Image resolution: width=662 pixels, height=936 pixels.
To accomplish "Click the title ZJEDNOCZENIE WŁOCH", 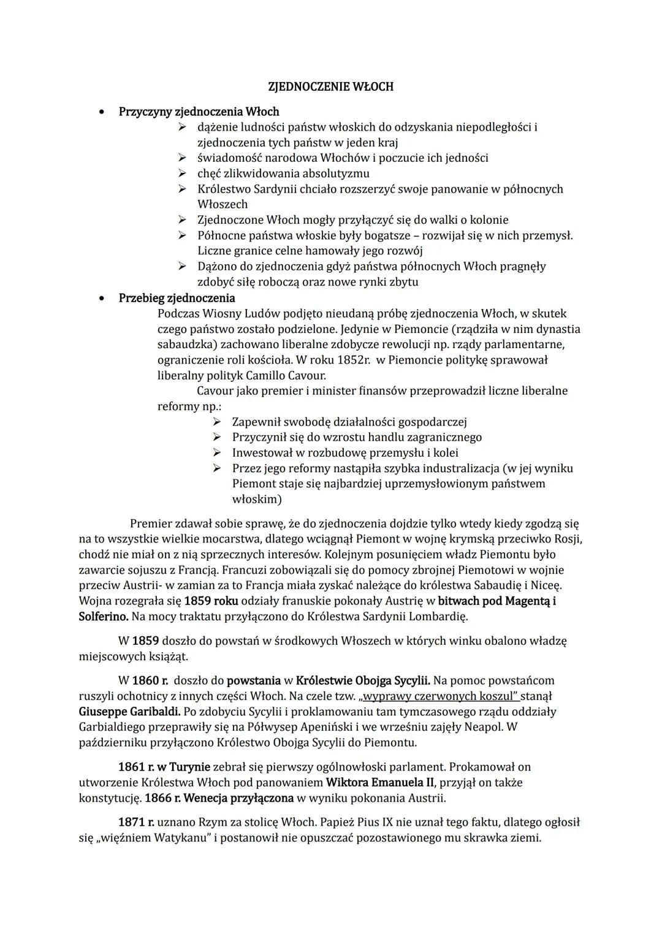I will point(331,86).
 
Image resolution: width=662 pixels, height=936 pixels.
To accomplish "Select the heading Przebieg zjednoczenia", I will point(177,298).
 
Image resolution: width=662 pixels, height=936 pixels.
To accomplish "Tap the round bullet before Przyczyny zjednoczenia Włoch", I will point(102,112).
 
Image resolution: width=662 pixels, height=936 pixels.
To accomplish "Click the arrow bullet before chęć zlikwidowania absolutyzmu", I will point(182,173).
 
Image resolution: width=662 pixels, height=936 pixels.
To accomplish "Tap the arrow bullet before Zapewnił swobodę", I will point(216,422).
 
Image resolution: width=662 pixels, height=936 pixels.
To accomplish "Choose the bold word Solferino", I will point(103,616).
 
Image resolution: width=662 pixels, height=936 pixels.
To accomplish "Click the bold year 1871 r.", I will point(136,822).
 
